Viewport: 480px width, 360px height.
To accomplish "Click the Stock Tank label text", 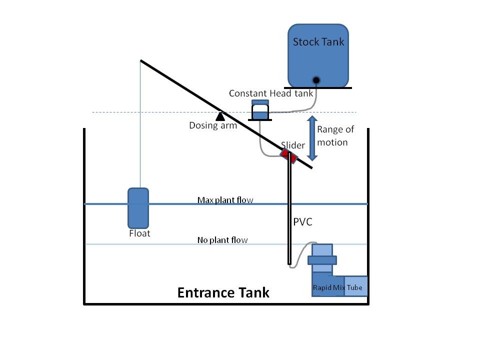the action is pyautogui.click(x=318, y=42).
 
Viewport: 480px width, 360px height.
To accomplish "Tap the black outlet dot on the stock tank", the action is pyautogui.click(x=316, y=80).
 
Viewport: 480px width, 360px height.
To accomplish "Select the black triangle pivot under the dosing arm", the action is pyautogui.click(x=220, y=116).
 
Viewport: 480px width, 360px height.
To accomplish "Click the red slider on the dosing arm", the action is pyautogui.click(x=288, y=156).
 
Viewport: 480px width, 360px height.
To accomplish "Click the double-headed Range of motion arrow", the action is pyautogui.click(x=312, y=138).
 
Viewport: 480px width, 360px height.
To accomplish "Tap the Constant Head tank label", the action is pyautogui.click(x=271, y=93).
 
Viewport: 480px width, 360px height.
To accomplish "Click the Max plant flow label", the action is pyautogui.click(x=225, y=200).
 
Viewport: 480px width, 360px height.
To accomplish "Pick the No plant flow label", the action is pyautogui.click(x=222, y=240).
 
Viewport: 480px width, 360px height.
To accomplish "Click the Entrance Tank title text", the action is pyautogui.click(x=223, y=292).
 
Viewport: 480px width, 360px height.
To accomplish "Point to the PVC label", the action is pyautogui.click(x=303, y=222).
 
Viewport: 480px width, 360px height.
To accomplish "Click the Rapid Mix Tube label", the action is pyautogui.click(x=337, y=288).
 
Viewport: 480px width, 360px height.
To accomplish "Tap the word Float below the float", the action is pyautogui.click(x=139, y=233).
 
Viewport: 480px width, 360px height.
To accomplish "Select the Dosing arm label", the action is pyautogui.click(x=213, y=125).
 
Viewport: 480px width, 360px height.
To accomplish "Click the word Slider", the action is pyautogui.click(x=293, y=145).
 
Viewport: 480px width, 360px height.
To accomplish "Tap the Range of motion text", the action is pyautogui.click(x=335, y=136).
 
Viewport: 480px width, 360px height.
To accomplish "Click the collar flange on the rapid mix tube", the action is pyautogui.click(x=322, y=260).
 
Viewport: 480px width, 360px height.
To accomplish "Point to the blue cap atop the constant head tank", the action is pyautogui.click(x=260, y=102).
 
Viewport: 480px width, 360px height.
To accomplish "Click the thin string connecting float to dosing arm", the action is pyautogui.click(x=140, y=124).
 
